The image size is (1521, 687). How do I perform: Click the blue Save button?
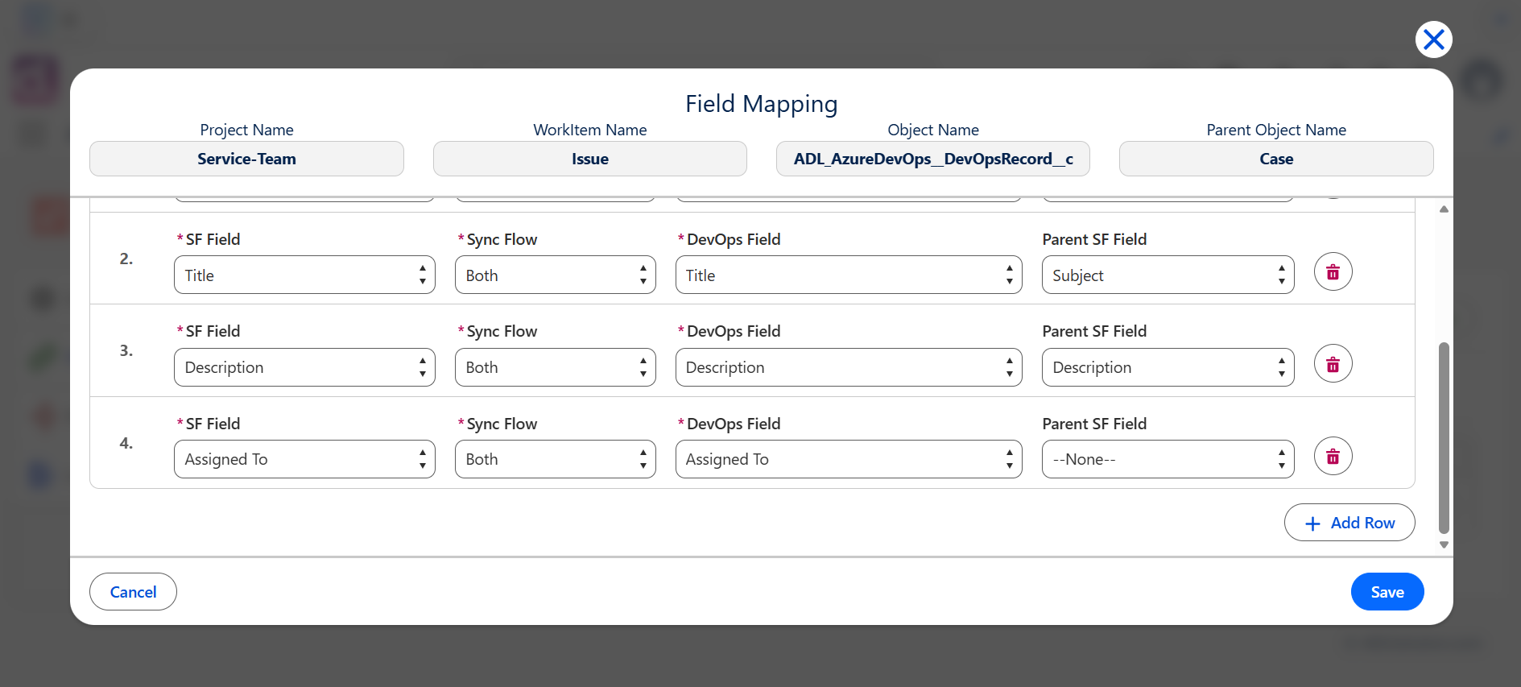(1387, 592)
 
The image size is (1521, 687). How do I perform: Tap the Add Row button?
(1349, 523)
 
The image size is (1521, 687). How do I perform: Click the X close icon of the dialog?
(1433, 39)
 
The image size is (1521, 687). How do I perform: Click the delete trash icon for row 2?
(1333, 272)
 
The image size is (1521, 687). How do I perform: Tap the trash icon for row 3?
(1333, 364)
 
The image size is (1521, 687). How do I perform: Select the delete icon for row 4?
(1333, 457)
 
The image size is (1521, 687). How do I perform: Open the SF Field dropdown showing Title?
(304, 275)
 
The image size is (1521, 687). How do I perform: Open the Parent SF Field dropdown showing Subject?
(1168, 275)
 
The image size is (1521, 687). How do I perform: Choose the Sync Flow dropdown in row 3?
(556, 367)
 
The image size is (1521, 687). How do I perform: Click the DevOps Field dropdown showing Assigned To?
(849, 459)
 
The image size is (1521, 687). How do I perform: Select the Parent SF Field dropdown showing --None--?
(1168, 459)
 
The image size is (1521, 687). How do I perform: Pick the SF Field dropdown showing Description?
(304, 367)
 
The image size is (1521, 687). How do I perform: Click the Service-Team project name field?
(246, 159)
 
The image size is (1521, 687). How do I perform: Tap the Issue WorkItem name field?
(590, 159)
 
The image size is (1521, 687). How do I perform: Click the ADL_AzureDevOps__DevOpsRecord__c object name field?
(933, 159)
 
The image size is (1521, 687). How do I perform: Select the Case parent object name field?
(1276, 159)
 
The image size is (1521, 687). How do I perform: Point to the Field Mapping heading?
(762, 104)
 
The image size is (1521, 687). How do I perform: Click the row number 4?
(126, 443)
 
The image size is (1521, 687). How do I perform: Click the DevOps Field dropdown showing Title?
(849, 275)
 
